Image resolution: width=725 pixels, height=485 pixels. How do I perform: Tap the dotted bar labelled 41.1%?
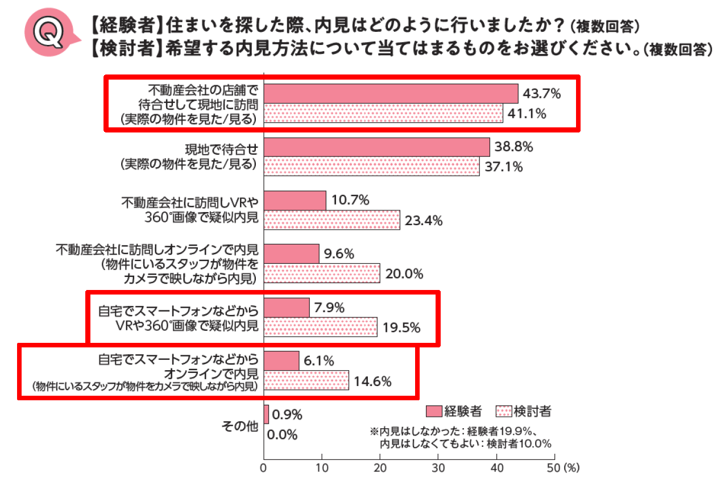384,113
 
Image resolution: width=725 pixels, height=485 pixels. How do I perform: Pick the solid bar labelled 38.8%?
377,147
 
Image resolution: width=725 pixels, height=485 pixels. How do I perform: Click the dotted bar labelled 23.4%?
333,220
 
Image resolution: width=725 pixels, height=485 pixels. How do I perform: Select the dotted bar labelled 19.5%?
321,327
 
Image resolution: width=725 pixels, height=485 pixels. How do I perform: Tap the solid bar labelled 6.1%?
282,360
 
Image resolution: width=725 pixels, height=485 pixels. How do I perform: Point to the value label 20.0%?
404,274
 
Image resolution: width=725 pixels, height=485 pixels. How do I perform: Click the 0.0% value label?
282,435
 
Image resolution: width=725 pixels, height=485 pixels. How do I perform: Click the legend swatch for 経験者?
433,411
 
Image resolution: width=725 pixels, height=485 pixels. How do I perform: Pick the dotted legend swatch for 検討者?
504,411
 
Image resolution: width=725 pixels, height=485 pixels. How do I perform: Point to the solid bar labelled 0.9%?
267,414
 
